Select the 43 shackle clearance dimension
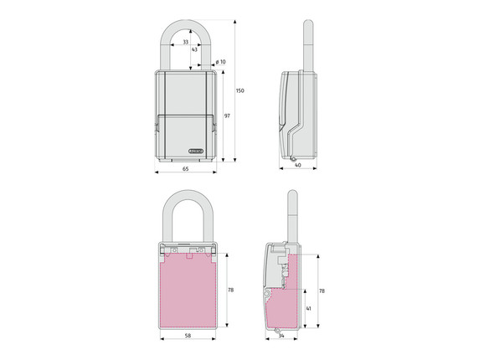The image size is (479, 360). click(x=194, y=49)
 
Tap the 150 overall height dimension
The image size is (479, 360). click(x=240, y=90)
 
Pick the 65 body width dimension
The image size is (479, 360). click(x=185, y=169)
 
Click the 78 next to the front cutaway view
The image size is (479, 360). click(x=231, y=290)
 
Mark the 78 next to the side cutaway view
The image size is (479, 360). click(x=321, y=290)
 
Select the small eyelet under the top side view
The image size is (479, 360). click(x=295, y=160)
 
